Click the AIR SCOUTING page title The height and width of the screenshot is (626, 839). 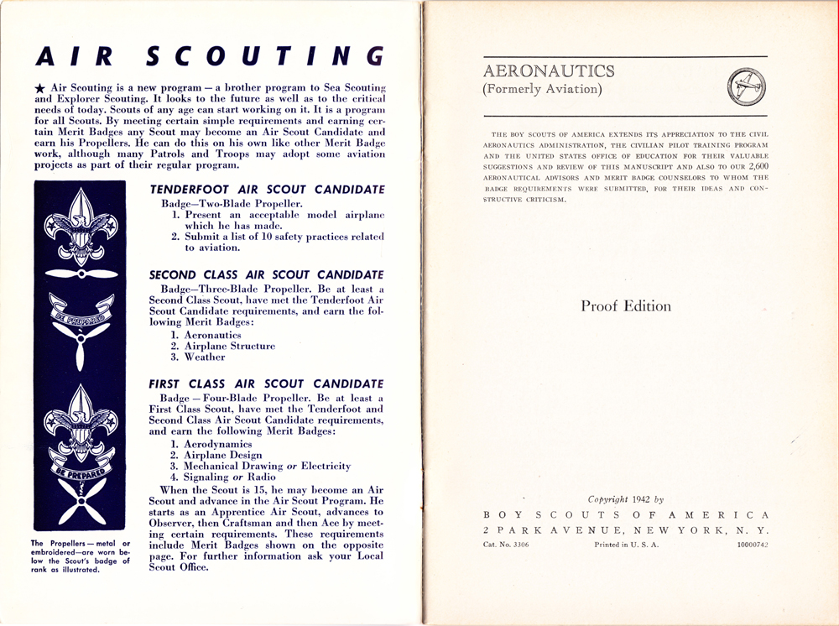[210, 55]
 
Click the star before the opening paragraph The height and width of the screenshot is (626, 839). [40, 88]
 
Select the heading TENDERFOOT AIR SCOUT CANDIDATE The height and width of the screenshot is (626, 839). [267, 190]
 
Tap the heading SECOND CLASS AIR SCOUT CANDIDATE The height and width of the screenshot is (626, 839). [266, 274]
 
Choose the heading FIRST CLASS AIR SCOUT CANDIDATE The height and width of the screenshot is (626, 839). [266, 383]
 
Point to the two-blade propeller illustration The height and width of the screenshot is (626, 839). [81, 274]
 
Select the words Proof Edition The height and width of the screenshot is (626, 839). [626, 306]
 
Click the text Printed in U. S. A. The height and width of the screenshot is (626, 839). [626, 545]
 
